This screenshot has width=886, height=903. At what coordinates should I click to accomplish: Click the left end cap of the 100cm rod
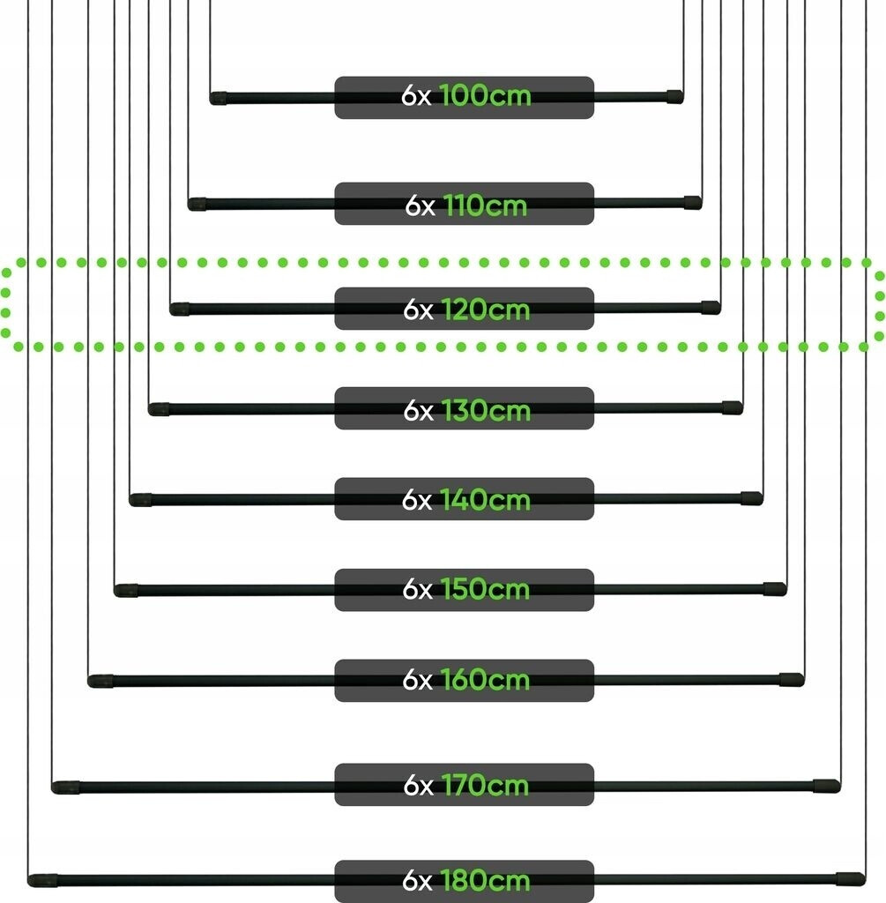218,99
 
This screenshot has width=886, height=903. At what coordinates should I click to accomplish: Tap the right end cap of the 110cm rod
693,202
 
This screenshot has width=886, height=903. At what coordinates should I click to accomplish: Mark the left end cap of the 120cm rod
180,310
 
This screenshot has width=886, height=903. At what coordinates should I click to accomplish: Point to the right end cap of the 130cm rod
733,407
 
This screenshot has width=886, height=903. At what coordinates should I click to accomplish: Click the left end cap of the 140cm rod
140,500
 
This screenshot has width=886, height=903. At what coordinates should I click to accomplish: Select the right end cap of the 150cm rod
775,588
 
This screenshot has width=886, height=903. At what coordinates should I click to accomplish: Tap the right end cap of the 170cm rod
827,786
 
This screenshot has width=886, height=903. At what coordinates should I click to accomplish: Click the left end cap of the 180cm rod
43,880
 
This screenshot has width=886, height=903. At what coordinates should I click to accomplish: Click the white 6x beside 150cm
417,590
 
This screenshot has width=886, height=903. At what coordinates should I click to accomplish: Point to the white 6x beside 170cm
419,785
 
